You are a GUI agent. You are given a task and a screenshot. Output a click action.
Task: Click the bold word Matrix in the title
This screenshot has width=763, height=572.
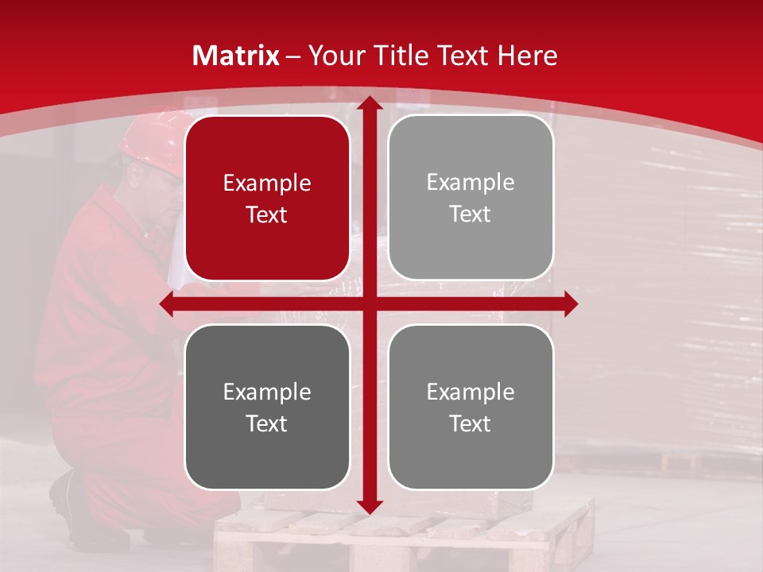pos(236,56)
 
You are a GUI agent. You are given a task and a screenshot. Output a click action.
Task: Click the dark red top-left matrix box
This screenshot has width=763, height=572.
pos(267,198)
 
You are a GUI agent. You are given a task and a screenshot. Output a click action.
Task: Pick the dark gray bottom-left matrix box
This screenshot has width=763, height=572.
pos(267,407)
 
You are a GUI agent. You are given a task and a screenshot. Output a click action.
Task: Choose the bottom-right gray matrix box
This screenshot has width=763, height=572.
pos(471,407)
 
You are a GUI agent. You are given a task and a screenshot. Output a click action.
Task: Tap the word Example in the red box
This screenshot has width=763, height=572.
pos(267,184)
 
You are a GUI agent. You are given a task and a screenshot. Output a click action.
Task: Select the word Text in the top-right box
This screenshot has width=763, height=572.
pos(471,214)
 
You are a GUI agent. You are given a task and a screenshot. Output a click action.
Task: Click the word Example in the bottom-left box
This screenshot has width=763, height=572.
pos(267,392)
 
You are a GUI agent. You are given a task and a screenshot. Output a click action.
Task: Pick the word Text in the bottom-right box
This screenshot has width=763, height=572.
pos(471,423)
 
